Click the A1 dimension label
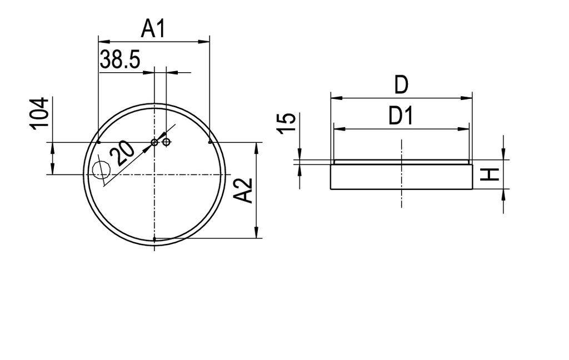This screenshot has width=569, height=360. tap(153, 28)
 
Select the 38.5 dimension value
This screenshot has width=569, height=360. tap(120, 59)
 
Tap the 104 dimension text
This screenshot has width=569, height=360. tap(39, 113)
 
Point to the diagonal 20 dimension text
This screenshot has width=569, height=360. tap(122, 152)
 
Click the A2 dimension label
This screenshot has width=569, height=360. tap(243, 191)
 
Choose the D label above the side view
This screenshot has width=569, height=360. tap(401, 86)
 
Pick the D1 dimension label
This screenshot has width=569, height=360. tap(401, 117)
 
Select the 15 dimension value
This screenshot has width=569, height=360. tap(285, 123)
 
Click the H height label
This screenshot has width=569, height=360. tap(489, 175)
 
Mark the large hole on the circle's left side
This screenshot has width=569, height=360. tap(101, 171)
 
